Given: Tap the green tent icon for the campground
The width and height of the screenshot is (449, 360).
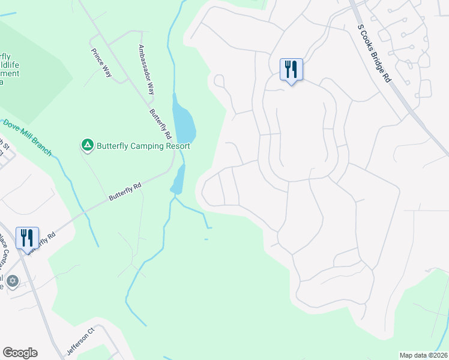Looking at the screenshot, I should (88, 145).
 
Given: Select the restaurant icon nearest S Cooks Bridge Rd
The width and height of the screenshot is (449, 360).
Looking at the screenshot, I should (291, 70).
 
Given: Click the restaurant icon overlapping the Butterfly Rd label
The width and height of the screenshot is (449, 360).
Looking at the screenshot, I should (27, 238).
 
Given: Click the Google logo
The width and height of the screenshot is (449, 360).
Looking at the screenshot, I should (20, 353).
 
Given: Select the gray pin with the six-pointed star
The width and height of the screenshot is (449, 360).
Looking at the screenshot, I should (13, 281).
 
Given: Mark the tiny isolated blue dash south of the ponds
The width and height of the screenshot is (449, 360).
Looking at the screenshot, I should (206, 239).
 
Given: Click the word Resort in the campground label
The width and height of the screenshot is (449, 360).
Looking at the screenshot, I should (176, 146).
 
